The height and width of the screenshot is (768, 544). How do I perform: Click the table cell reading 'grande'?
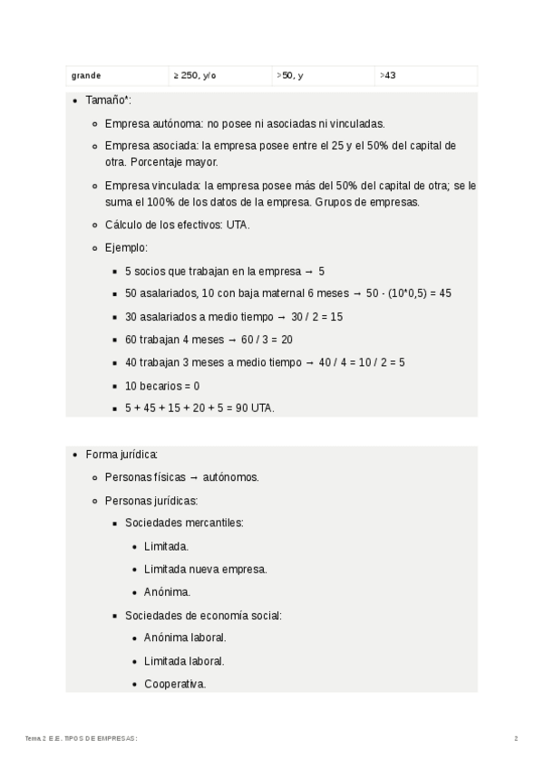point(88,76)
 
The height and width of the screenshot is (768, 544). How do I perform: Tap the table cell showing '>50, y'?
point(290,76)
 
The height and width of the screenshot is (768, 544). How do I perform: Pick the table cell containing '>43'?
point(388,76)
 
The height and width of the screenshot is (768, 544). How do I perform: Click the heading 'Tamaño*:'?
point(109,101)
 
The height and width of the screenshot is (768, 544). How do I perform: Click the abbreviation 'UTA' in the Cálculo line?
point(238,225)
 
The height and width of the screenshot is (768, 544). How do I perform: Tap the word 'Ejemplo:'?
point(126,247)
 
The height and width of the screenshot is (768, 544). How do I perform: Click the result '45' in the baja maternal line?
point(445,293)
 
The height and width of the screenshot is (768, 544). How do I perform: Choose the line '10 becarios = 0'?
point(162,385)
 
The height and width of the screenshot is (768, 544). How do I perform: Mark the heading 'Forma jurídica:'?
point(122,454)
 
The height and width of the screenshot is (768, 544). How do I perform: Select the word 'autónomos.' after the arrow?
point(231,476)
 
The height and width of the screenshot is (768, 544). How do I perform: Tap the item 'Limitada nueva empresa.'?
point(205,569)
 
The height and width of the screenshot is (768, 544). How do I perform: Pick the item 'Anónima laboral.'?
point(185,638)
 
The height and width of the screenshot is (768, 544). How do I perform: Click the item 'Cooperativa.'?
point(175,684)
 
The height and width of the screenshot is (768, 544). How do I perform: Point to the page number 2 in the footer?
point(516,739)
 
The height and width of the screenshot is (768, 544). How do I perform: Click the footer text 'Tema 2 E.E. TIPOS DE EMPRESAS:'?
point(82,739)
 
